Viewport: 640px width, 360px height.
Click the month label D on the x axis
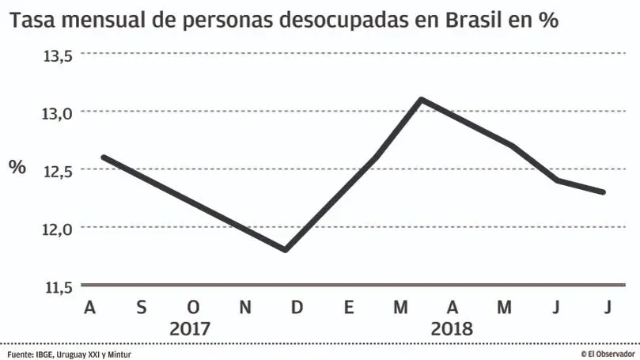pos(297,307)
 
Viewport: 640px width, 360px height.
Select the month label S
pos(142,307)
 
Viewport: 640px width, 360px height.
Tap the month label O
pos(193,307)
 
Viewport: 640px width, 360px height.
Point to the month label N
pos(245,307)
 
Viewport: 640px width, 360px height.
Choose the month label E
pos(348,307)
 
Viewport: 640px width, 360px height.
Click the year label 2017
pos(191,328)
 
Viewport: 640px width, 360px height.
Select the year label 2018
pos(452,328)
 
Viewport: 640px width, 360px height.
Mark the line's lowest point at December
pos(285,250)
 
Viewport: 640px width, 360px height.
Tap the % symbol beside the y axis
pos(17,167)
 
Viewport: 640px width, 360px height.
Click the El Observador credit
pos(608,354)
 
